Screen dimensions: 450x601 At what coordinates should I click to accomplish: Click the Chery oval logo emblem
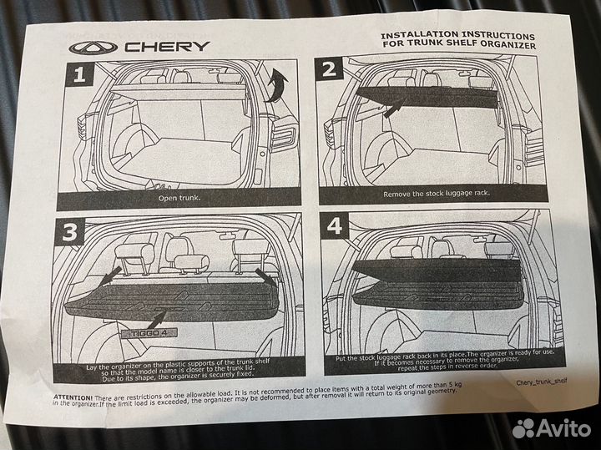tap(89, 49)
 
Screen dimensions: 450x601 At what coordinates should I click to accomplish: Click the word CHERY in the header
tap(167, 48)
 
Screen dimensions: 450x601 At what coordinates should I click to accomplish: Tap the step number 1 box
tap(79, 76)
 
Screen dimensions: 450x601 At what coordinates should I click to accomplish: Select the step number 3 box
tap(75, 235)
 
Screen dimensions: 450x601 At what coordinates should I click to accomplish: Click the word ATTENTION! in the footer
tap(70, 397)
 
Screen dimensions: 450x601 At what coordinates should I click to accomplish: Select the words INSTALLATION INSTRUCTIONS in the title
tap(458, 36)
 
